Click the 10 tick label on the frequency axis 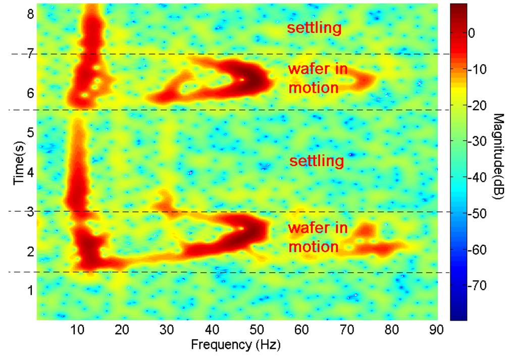click(77, 330)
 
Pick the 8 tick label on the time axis click(30, 15)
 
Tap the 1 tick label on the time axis click(30, 290)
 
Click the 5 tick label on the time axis click(30, 133)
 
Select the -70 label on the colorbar click(477, 286)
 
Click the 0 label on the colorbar click(472, 33)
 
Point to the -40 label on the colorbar click(477, 178)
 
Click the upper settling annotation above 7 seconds click(314, 28)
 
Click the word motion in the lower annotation click(313, 247)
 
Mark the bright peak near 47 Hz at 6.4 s click(242, 79)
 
